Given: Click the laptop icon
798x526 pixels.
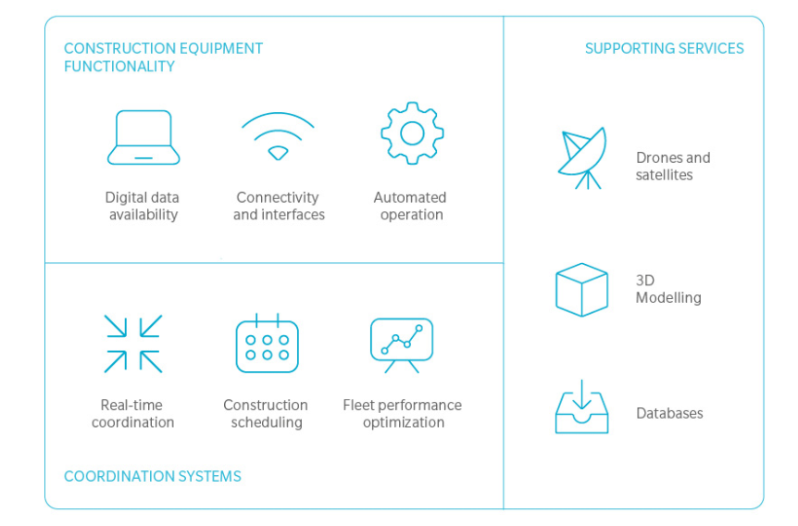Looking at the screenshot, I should [143, 138].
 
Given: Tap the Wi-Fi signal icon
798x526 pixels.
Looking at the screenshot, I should [278, 137].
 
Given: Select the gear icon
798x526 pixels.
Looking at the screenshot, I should [412, 134].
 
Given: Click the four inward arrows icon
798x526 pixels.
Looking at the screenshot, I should [133, 344].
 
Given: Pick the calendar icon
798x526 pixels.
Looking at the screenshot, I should [267, 344].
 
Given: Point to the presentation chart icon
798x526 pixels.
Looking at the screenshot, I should [402, 344].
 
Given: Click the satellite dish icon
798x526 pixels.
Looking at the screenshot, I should [581, 157].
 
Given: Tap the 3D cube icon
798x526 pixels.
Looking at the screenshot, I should [581, 290].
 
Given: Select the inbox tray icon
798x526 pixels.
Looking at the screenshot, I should [581, 408].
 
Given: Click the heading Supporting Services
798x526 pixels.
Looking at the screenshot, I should [664, 48].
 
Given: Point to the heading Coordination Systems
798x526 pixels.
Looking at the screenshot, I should [153, 476].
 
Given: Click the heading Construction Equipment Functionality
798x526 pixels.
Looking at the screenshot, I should [163, 57].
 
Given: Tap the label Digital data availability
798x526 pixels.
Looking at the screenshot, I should [143, 206].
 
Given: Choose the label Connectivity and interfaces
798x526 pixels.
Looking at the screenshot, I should [279, 206].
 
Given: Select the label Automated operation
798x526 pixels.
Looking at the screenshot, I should [410, 206].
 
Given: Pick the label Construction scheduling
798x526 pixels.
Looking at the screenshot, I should [266, 413].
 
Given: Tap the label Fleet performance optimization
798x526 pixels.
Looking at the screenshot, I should [402, 413].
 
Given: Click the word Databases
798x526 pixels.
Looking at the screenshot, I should [669, 413].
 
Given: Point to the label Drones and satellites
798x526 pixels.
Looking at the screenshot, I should [672, 166].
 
